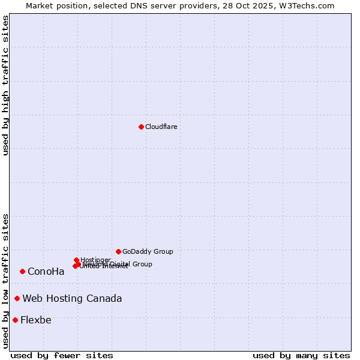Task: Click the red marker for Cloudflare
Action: tap(141, 127)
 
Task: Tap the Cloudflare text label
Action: tap(161, 127)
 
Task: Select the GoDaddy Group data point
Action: tap(118, 251)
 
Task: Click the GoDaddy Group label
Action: tap(148, 252)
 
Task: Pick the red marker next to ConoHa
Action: tap(22, 271)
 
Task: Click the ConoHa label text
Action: tap(46, 272)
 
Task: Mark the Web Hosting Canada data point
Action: tap(17, 298)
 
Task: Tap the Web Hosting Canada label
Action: tap(72, 299)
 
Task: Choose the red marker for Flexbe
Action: tap(15, 320)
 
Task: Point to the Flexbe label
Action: tap(35, 320)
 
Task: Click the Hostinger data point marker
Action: tap(76, 260)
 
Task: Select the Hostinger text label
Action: tap(95, 260)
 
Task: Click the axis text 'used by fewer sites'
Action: tap(62, 355)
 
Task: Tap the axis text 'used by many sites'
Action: tap(301, 355)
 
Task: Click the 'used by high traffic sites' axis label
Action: tap(5, 85)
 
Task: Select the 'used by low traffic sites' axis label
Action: tap(5, 280)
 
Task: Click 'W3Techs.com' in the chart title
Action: tap(310, 5)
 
